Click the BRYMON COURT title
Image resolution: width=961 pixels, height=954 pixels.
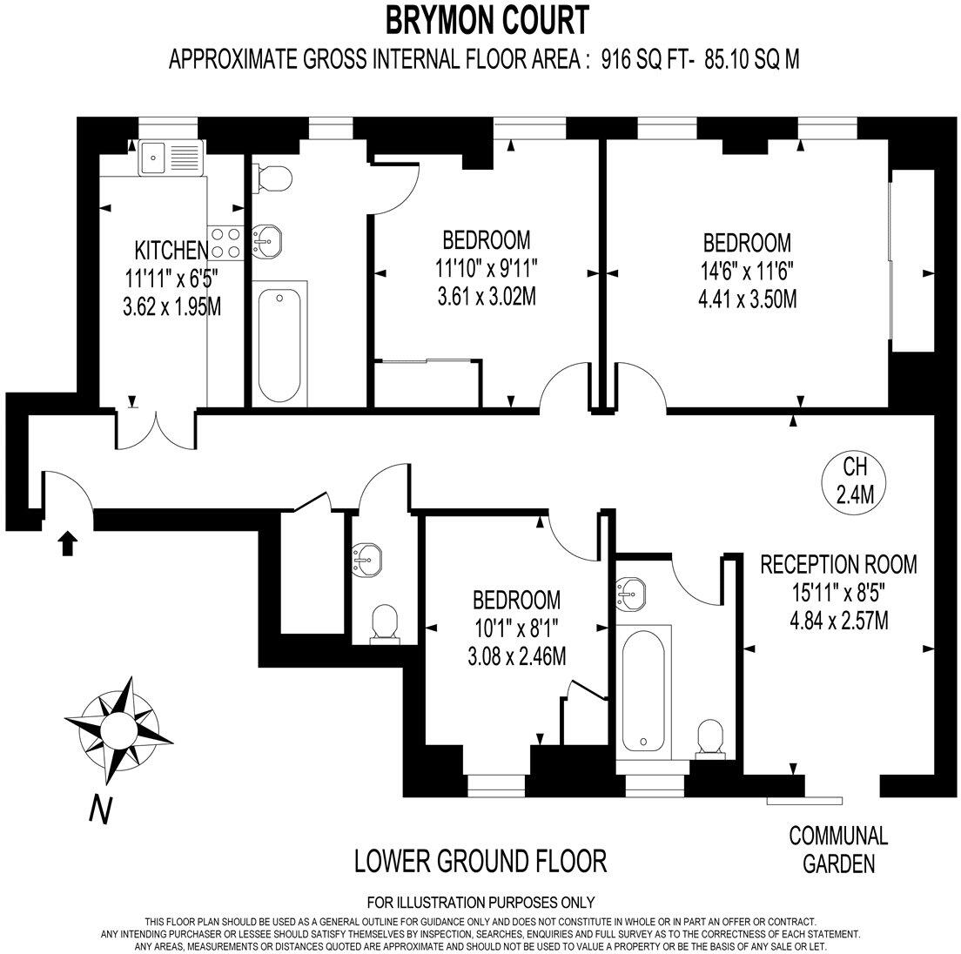pos(487,20)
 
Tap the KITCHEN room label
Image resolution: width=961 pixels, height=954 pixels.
pos(171,250)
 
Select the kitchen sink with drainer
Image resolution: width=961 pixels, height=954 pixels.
pos(171,158)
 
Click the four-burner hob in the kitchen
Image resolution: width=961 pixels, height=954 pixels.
pos(225,243)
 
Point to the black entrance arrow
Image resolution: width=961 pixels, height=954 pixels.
pos(67,543)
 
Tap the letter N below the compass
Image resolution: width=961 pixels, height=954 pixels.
pos(101,809)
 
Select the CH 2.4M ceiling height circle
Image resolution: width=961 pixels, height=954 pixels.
pos(854,481)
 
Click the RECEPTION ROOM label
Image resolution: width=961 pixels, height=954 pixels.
pos(838,564)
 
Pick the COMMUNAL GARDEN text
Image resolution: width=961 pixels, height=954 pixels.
pos(838,850)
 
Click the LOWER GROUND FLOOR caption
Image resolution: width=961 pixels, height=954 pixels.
pos(480,861)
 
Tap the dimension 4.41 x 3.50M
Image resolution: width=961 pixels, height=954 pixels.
pos(747,299)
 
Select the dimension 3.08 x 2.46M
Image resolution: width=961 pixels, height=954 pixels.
pos(517,657)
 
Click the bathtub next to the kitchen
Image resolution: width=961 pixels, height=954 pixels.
pos(279,344)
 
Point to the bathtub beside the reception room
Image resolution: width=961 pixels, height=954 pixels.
pos(643,692)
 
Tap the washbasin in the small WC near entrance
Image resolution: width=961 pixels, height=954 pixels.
pos(366,559)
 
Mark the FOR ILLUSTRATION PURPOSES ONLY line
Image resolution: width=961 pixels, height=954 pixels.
pos(481,902)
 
